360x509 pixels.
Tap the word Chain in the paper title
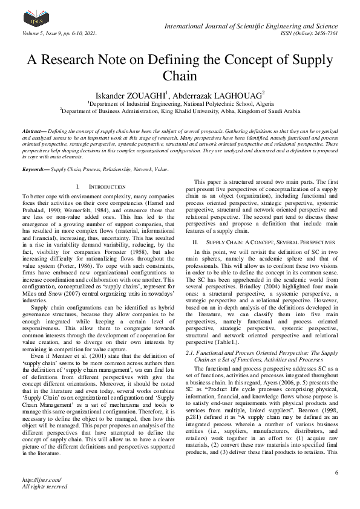(180, 77)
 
